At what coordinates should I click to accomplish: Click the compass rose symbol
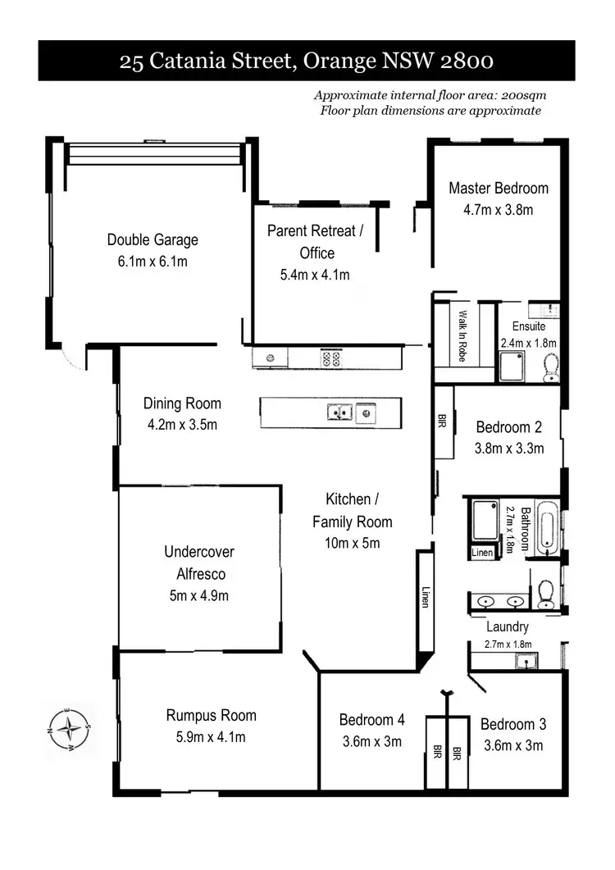(x=70, y=727)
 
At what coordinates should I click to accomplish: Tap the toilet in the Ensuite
(x=551, y=367)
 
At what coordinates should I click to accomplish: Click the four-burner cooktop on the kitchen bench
(x=331, y=358)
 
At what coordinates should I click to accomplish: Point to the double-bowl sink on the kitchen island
(x=339, y=411)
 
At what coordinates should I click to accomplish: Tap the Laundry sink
(x=524, y=660)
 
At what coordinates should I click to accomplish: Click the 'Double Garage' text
(x=153, y=240)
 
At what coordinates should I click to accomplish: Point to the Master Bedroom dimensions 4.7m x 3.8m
(x=498, y=209)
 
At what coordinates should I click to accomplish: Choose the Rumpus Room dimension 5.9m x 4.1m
(x=211, y=737)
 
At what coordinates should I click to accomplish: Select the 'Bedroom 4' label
(x=371, y=720)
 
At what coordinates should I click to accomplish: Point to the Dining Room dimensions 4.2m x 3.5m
(x=182, y=425)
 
